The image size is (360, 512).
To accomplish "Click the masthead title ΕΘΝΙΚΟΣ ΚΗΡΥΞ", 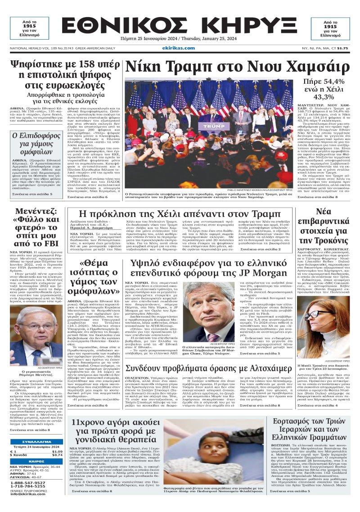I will pyautogui.click(x=180, y=29).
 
